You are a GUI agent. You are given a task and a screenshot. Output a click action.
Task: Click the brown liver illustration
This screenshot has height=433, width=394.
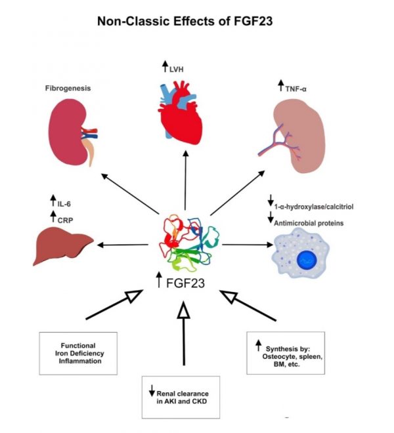click(62, 246)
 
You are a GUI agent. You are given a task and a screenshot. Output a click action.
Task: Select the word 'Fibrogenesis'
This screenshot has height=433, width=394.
click(68, 87)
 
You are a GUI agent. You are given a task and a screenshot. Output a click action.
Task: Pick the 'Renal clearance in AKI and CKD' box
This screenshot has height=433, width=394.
click(185, 396)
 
